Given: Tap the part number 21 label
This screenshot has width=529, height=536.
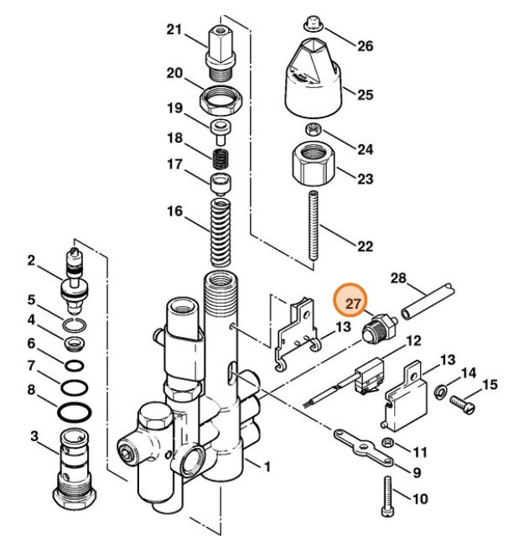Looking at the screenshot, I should [174, 30].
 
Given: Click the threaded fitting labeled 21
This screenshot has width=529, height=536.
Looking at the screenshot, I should [220, 49].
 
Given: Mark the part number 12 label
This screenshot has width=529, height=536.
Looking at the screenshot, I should [413, 341].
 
